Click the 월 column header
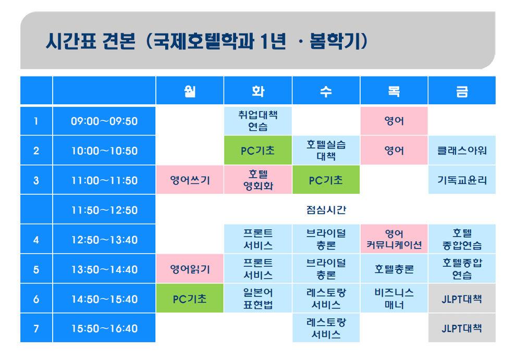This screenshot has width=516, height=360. (x=190, y=91)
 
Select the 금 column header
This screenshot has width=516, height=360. (x=462, y=91)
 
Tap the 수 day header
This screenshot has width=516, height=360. (x=326, y=91)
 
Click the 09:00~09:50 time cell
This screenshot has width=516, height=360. (x=104, y=121)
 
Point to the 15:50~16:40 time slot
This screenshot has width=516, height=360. (x=104, y=328)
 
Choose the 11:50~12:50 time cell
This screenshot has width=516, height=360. (x=104, y=209)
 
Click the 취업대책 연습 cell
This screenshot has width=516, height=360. (x=257, y=121)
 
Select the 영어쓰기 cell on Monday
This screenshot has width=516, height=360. (x=190, y=180)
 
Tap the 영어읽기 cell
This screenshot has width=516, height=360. (x=190, y=269)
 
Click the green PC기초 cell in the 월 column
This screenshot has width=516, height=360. (x=190, y=299)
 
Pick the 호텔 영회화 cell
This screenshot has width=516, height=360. (x=257, y=180)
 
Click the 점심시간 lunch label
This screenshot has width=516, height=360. (x=326, y=209)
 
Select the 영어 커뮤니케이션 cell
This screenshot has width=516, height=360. (x=394, y=239)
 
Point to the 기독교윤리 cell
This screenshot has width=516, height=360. (x=462, y=180)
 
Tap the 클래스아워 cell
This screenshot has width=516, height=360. (x=462, y=151)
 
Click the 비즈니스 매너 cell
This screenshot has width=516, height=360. (x=394, y=299)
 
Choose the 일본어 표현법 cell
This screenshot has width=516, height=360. (x=257, y=299)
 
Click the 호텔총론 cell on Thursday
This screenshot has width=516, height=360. (x=394, y=269)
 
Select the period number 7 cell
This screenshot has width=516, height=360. (x=36, y=328)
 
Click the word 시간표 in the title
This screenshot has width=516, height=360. (x=71, y=42)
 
